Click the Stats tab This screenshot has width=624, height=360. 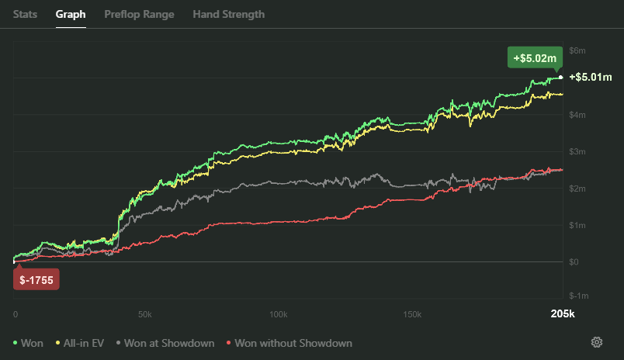25,14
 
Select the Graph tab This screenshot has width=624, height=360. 71,14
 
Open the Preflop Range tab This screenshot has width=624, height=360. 139,14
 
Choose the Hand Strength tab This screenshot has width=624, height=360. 228,14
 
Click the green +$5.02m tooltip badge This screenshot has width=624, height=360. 532,57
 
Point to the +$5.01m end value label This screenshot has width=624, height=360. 591,77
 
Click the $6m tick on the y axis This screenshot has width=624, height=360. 577,50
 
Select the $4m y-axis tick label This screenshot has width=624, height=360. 577,115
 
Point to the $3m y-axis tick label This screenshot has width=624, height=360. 577,151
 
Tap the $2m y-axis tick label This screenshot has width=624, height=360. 577,189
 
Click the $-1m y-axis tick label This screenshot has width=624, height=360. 578,296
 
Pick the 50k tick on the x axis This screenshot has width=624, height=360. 144,314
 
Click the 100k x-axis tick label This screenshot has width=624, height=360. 278,314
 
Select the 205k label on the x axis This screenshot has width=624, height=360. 562,314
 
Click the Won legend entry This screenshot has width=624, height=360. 28,343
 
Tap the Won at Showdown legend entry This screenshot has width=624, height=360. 165,343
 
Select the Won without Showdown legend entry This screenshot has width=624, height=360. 288,343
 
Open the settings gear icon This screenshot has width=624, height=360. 597,342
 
